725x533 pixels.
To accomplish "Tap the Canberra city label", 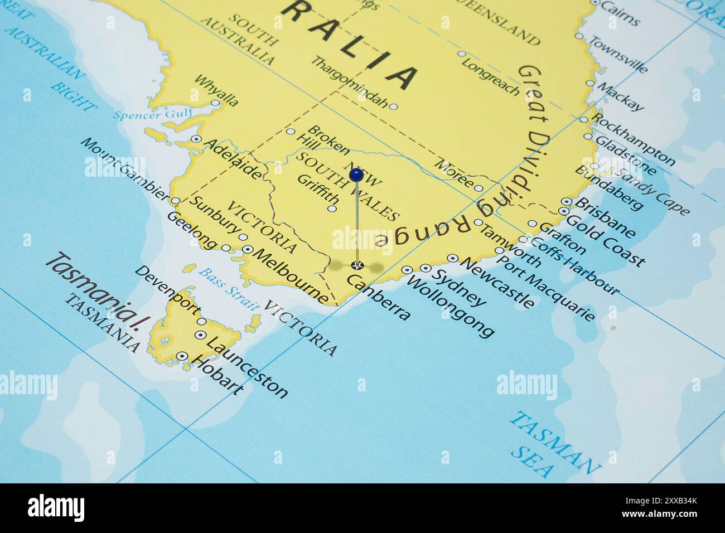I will point(379,298).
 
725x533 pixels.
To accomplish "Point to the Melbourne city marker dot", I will point(248,250).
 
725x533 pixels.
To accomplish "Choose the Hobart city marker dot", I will point(182,356).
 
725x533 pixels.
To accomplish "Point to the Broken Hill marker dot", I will point(291,132).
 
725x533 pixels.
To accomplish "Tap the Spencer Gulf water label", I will point(152,115).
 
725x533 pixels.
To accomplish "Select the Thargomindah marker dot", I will point(393,106).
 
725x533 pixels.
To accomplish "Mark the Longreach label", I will point(490,75).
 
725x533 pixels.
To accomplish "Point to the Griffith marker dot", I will point(332,209).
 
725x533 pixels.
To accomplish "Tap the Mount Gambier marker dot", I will point(175,200).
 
